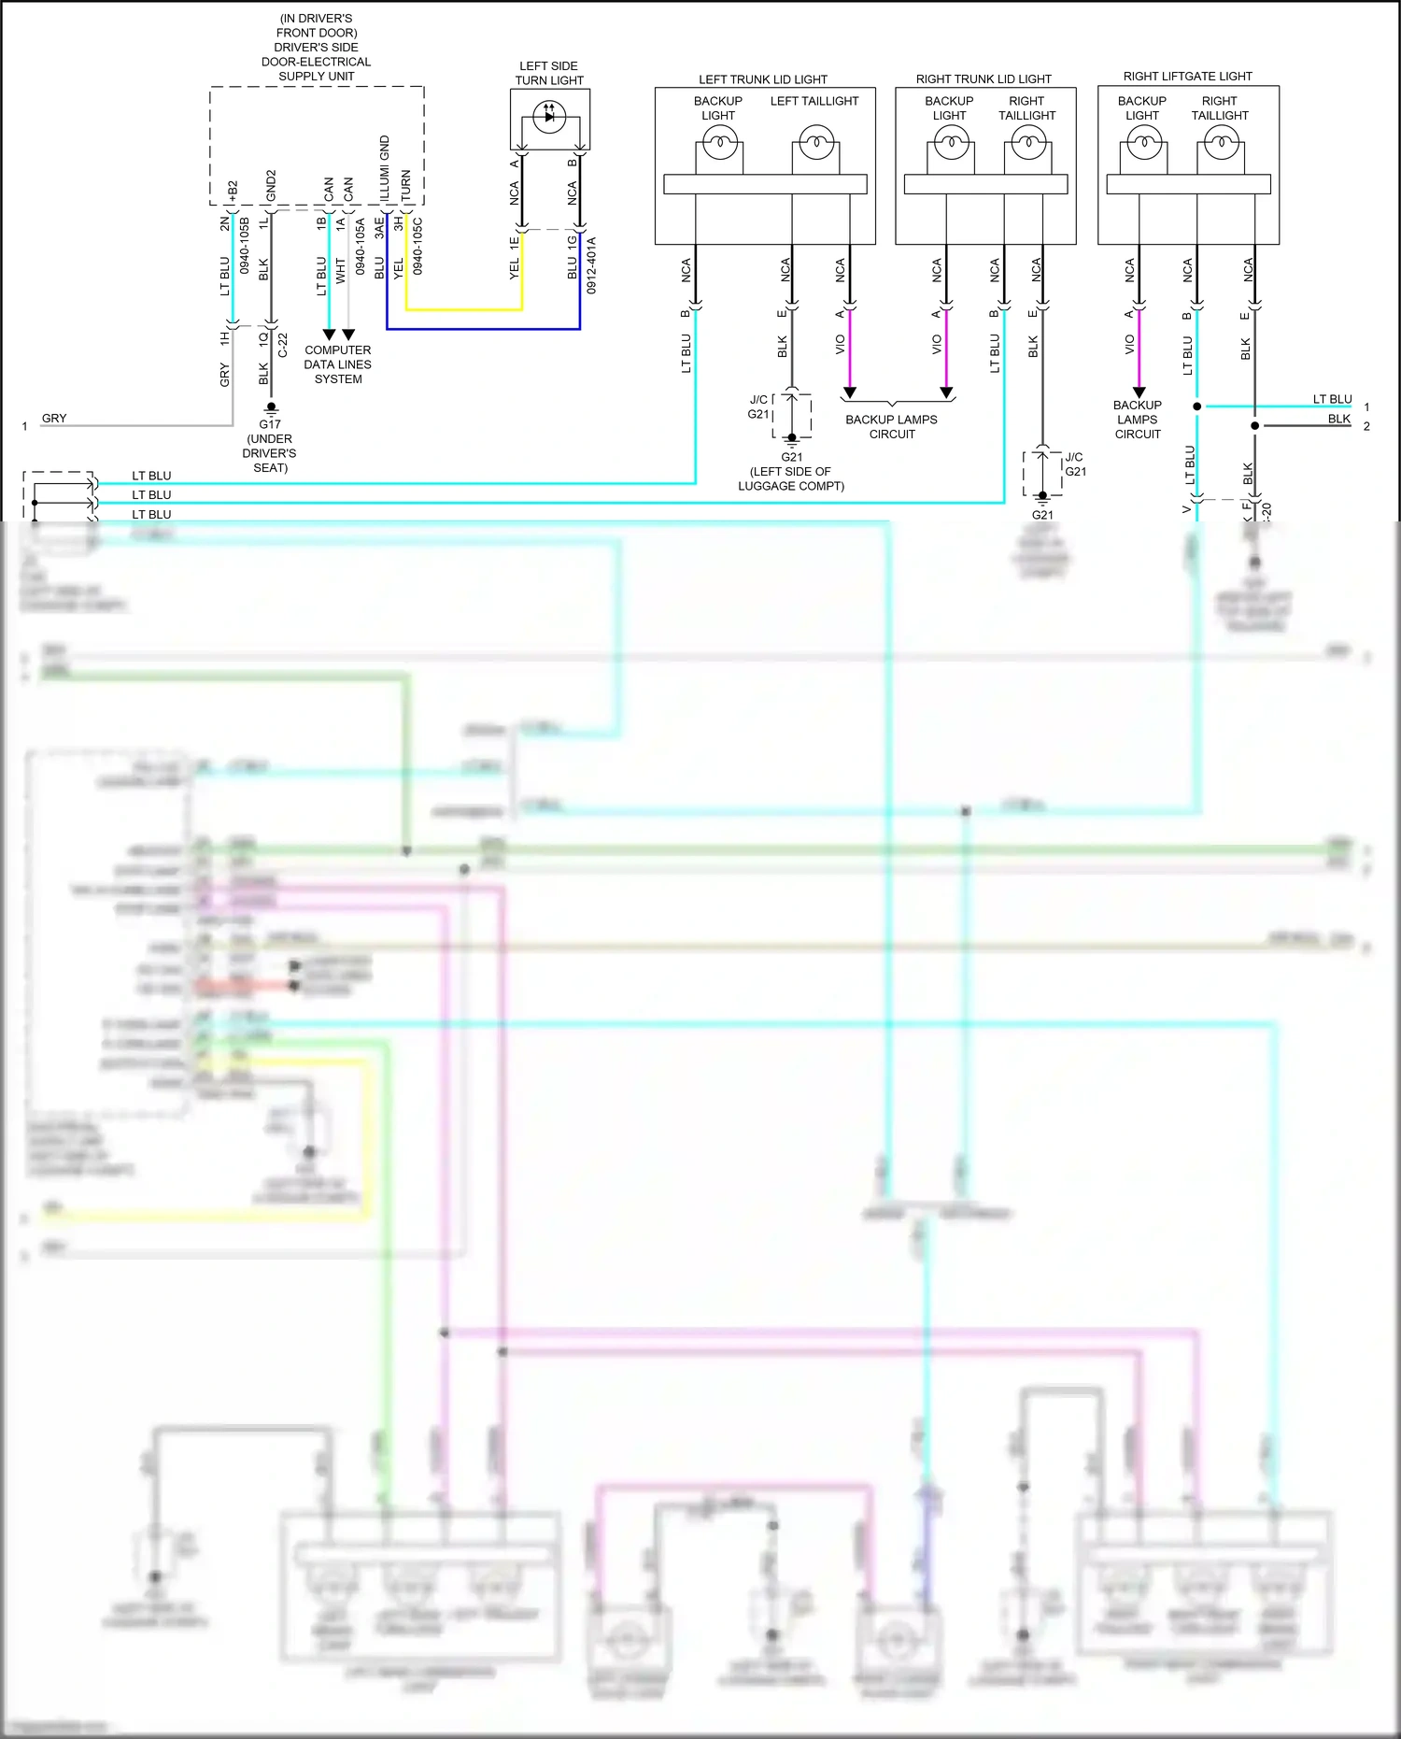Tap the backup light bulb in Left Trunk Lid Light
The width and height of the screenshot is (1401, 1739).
(x=719, y=144)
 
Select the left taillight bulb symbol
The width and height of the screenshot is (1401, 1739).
(x=816, y=144)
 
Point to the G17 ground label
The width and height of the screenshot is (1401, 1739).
(x=270, y=424)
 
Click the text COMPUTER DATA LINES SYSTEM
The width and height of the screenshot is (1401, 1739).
(x=337, y=364)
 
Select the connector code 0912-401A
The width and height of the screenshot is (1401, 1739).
(x=592, y=265)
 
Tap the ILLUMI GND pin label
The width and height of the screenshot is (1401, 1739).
(x=385, y=168)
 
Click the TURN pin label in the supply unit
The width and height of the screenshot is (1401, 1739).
(x=405, y=185)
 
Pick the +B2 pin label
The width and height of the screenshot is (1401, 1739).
(x=233, y=191)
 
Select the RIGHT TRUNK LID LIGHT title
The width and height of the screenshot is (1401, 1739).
(x=984, y=79)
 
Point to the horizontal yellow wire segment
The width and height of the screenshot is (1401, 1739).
(x=464, y=309)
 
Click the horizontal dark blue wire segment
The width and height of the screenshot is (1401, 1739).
(x=483, y=329)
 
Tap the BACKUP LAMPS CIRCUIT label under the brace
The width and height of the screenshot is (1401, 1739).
(x=891, y=427)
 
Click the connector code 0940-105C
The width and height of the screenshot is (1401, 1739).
(x=417, y=247)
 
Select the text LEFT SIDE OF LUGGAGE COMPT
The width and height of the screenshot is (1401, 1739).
(x=791, y=478)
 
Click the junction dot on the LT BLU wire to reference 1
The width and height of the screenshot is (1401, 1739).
(x=1197, y=406)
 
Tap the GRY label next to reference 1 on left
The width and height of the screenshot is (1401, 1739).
(x=54, y=419)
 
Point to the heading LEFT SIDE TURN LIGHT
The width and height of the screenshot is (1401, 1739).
(x=549, y=73)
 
